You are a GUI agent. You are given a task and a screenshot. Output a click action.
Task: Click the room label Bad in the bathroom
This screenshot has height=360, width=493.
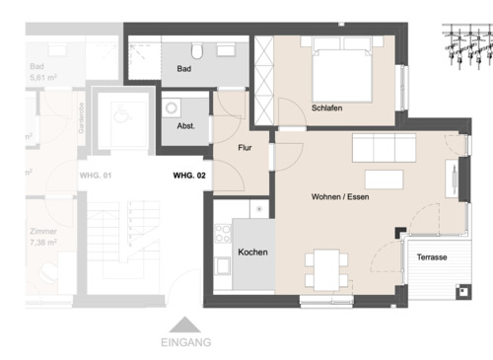[x=183, y=70]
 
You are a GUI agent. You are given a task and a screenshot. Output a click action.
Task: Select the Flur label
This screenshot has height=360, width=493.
[x=246, y=148]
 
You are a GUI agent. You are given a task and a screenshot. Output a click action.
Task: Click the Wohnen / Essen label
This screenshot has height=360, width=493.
[x=340, y=197]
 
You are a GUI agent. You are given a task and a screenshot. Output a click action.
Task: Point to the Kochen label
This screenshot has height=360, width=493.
[x=252, y=252]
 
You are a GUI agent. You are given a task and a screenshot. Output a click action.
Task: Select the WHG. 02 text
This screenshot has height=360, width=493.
[x=188, y=176]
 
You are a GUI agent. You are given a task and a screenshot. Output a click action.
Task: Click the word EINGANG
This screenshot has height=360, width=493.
[x=184, y=343]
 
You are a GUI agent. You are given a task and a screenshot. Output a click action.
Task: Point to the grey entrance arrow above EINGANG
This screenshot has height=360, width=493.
[x=184, y=324]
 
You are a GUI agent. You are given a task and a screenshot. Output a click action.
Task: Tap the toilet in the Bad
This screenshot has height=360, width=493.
[x=198, y=49]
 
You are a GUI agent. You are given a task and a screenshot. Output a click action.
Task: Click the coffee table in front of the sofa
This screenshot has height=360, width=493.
[x=386, y=180]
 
